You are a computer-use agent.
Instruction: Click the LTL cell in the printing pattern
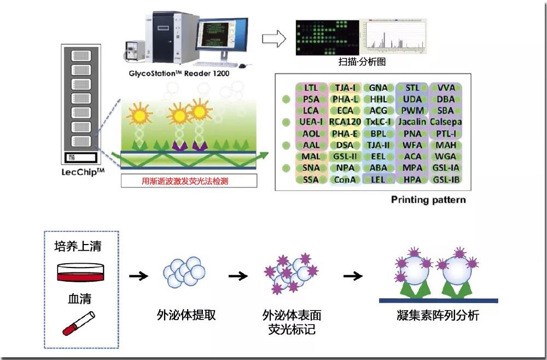point(311,88)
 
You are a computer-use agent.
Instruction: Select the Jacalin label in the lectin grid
point(412,122)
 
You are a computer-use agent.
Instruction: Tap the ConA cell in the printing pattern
point(345,179)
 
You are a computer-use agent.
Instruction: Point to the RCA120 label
point(345,122)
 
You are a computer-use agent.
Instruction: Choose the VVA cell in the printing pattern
point(446,88)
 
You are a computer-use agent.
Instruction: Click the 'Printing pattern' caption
point(428,200)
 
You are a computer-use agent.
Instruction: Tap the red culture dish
point(80,270)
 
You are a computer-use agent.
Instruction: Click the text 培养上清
point(78,246)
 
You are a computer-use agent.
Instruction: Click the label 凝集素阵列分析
point(438,316)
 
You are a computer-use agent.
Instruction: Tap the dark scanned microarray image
point(327,37)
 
